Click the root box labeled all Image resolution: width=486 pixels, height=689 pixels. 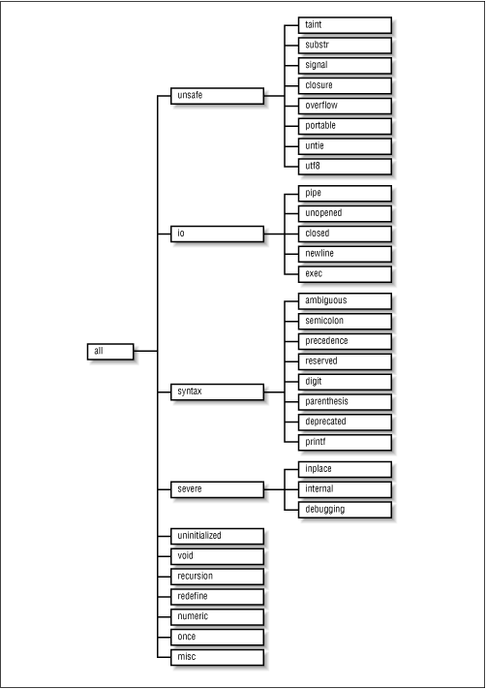(x=110, y=351)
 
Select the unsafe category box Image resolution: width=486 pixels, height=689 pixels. (x=217, y=95)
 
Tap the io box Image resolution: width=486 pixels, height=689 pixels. (x=217, y=234)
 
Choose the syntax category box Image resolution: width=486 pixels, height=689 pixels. (x=217, y=391)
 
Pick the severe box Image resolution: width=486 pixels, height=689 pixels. (x=217, y=489)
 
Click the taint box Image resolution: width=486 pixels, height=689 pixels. (x=345, y=25)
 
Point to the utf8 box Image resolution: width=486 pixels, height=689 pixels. (x=345, y=167)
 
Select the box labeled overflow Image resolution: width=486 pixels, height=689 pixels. (x=345, y=106)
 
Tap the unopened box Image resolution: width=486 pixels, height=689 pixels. (x=345, y=213)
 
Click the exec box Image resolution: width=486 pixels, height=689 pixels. (x=345, y=274)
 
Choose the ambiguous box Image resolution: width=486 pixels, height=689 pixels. (x=345, y=301)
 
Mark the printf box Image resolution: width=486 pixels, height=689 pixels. (x=345, y=443)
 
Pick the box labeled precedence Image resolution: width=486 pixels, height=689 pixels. (x=345, y=341)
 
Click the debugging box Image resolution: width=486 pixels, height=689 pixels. (x=345, y=510)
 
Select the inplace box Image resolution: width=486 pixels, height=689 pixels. (x=345, y=469)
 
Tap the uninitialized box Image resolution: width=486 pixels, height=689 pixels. (x=217, y=536)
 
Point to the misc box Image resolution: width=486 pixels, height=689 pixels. (x=217, y=657)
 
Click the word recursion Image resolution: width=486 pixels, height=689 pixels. (x=195, y=576)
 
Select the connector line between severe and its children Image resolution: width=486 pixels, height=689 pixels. (x=274, y=489)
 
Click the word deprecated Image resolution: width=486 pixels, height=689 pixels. (x=325, y=422)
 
